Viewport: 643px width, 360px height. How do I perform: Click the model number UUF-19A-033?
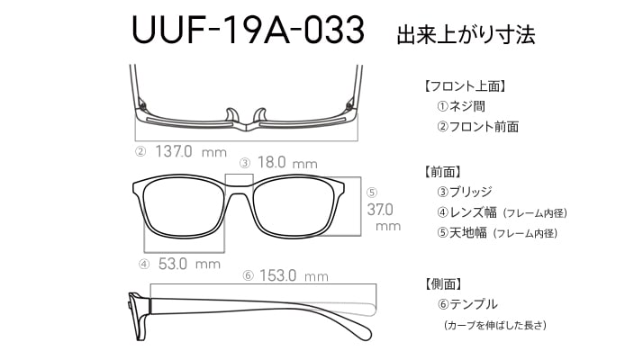[248, 30]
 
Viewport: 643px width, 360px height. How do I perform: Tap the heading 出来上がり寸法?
[466, 34]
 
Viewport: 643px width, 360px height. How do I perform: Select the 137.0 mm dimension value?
[191, 152]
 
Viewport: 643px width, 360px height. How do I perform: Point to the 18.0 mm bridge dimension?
[287, 163]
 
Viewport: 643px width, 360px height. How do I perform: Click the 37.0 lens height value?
[380, 210]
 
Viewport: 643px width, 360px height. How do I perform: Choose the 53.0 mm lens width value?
[189, 264]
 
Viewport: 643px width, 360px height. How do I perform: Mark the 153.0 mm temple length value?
[294, 275]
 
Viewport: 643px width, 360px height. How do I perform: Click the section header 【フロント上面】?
[465, 86]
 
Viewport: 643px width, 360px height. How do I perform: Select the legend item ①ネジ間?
[461, 106]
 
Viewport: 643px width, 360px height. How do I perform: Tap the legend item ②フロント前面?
[477, 127]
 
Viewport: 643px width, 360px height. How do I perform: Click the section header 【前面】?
[442, 172]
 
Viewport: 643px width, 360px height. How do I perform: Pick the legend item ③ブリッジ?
[464, 192]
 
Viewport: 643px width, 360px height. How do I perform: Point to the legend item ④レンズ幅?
[466, 212]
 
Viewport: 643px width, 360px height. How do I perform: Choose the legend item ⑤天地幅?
[462, 233]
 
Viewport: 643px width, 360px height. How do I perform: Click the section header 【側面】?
[442, 283]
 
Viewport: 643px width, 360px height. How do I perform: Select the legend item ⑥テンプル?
[467, 304]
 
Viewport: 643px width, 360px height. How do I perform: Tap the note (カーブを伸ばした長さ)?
[495, 326]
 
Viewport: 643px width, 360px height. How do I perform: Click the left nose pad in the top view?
[232, 115]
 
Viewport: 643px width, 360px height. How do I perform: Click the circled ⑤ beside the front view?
[372, 193]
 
